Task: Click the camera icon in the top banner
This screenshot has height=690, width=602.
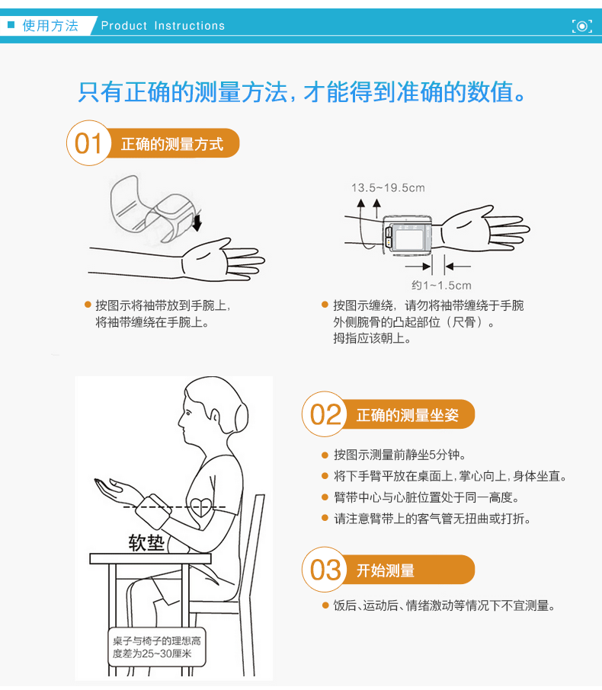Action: tap(581, 26)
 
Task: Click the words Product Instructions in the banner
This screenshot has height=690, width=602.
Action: tap(163, 26)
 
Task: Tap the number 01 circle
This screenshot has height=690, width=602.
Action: tap(89, 143)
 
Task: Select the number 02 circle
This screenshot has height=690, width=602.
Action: tap(325, 414)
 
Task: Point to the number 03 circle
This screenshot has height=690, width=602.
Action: tap(325, 570)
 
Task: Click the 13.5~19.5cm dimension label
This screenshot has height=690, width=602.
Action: tap(388, 188)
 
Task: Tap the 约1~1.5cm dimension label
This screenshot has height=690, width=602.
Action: tap(441, 286)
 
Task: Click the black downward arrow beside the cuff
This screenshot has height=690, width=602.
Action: tap(197, 222)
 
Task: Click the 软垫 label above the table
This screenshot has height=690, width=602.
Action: tap(146, 543)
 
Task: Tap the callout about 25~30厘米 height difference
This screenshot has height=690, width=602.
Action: tap(157, 647)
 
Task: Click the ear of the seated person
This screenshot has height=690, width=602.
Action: tap(216, 416)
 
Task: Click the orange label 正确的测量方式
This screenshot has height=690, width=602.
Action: tap(172, 144)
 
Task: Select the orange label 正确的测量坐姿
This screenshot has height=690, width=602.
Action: tap(408, 415)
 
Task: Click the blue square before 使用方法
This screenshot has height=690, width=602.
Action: tap(11, 24)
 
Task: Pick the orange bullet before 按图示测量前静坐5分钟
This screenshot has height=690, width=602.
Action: tap(325, 455)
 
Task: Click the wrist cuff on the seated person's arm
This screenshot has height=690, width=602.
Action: tap(152, 510)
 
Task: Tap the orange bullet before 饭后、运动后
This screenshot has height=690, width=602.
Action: tap(325, 605)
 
